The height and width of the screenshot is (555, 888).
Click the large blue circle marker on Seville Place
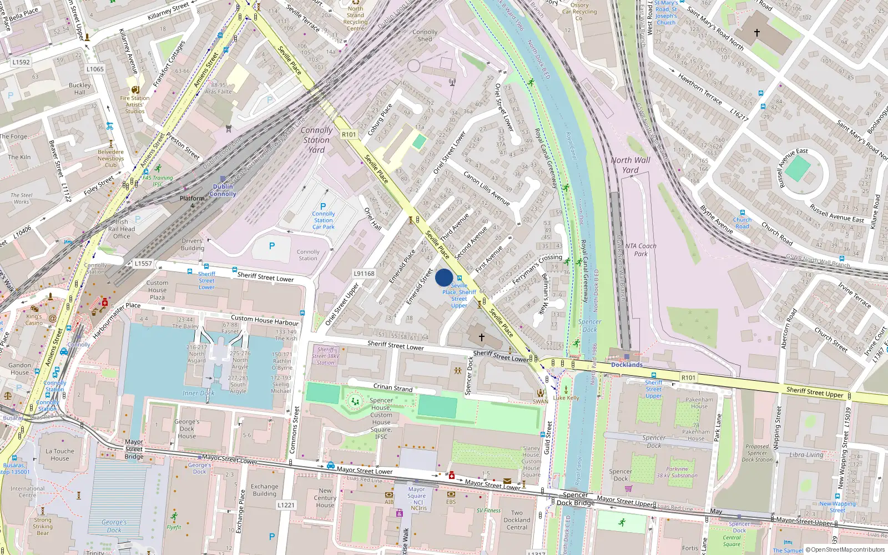pyautogui.click(x=444, y=277)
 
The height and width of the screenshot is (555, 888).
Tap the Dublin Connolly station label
pyautogui.click(x=223, y=190)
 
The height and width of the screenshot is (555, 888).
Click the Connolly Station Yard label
pyautogui.click(x=317, y=140)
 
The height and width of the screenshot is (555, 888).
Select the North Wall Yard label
pyautogui.click(x=630, y=165)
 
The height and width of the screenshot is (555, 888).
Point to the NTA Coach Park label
pyautogui.click(x=640, y=250)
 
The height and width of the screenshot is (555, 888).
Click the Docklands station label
pyautogui.click(x=627, y=365)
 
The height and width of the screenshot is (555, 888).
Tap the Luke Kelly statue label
pyautogui.click(x=566, y=397)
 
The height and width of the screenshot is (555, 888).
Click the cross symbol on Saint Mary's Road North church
pyautogui.click(x=756, y=33)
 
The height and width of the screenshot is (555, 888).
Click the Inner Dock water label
pyautogui.click(x=198, y=393)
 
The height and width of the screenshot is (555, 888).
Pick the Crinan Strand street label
pyautogui.click(x=393, y=387)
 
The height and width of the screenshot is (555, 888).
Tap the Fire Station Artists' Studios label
pyautogui.click(x=135, y=104)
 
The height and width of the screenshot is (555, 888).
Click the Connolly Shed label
pyautogui.click(x=425, y=36)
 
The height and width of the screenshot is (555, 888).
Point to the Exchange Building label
pyautogui.click(x=264, y=490)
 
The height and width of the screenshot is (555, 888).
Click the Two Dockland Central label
pyautogui.click(x=517, y=520)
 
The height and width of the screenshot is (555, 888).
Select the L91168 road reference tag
pyautogui.click(x=364, y=274)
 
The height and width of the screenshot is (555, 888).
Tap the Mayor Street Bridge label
pyautogui.click(x=134, y=449)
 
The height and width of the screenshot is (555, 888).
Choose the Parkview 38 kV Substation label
pyautogui.click(x=677, y=472)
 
